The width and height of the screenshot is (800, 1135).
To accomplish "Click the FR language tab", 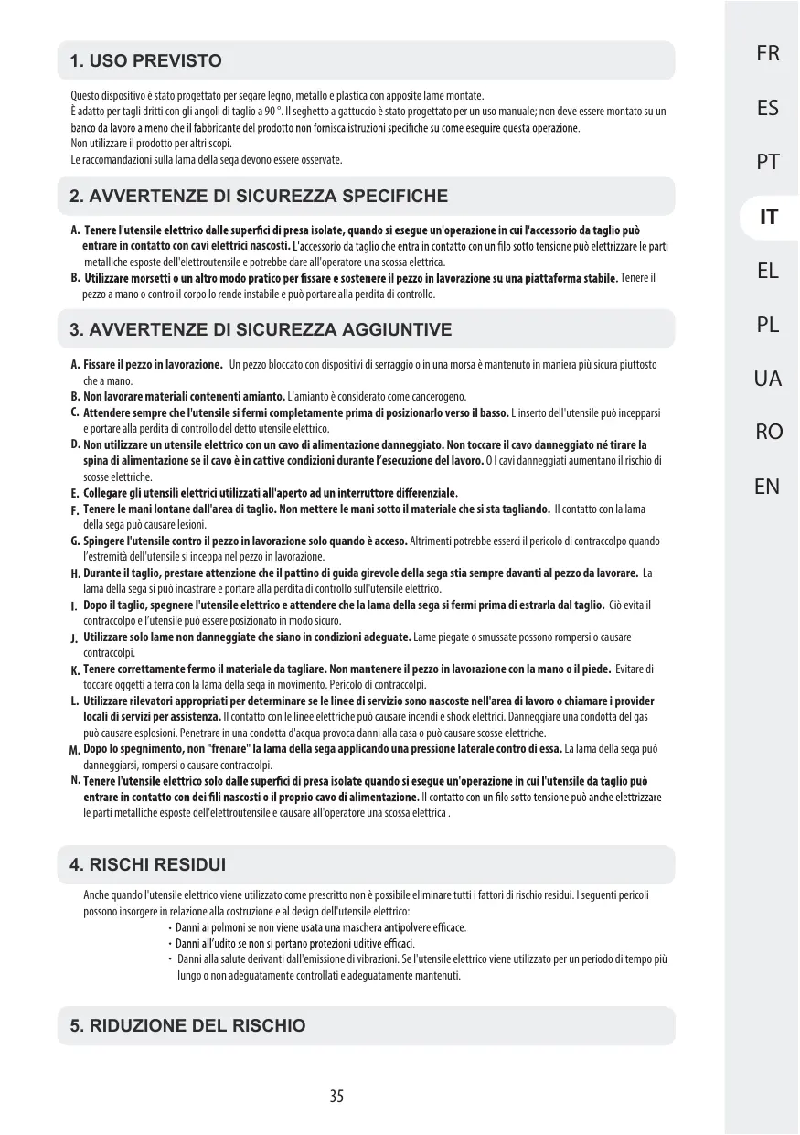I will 768,54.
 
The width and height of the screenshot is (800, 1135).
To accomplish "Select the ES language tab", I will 768,108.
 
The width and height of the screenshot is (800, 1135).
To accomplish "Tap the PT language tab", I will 768,162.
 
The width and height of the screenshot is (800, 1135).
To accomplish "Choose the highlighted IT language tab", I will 769,217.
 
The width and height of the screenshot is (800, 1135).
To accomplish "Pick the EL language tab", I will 768,271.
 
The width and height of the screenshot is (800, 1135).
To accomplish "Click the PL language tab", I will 768,325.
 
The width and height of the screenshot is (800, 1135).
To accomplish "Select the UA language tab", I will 768,378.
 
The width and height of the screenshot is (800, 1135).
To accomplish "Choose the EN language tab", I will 768,486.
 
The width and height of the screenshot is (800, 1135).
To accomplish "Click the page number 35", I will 337,1096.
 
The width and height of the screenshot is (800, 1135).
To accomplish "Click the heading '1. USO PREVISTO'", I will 145,61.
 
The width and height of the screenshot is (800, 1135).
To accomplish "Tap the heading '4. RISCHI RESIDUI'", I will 147,865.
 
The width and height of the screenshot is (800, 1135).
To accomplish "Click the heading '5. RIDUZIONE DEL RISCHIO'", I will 187,1026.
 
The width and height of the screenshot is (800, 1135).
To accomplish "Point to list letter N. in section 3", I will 74,780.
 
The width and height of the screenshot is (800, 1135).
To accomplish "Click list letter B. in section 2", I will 74,277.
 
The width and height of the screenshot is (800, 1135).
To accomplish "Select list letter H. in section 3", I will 75,573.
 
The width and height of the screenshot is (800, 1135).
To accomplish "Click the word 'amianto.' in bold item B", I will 263,396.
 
